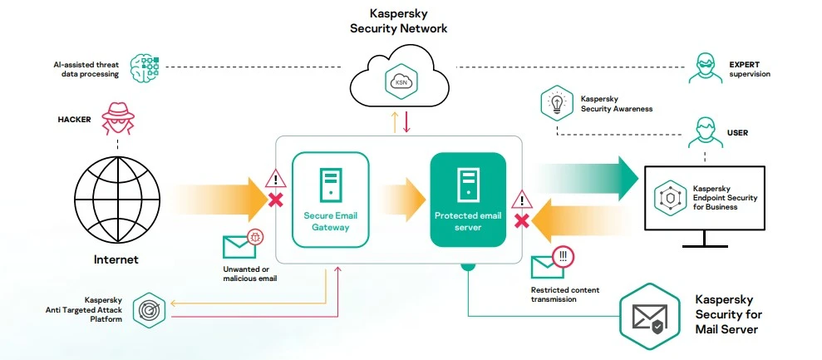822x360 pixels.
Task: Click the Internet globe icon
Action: [115, 195]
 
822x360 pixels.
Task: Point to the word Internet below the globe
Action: [116, 259]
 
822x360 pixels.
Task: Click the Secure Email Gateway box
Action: [329, 199]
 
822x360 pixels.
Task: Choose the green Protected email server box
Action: [467, 199]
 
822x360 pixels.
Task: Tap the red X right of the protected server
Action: [522, 220]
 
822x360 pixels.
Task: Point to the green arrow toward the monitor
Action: [586, 177]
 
